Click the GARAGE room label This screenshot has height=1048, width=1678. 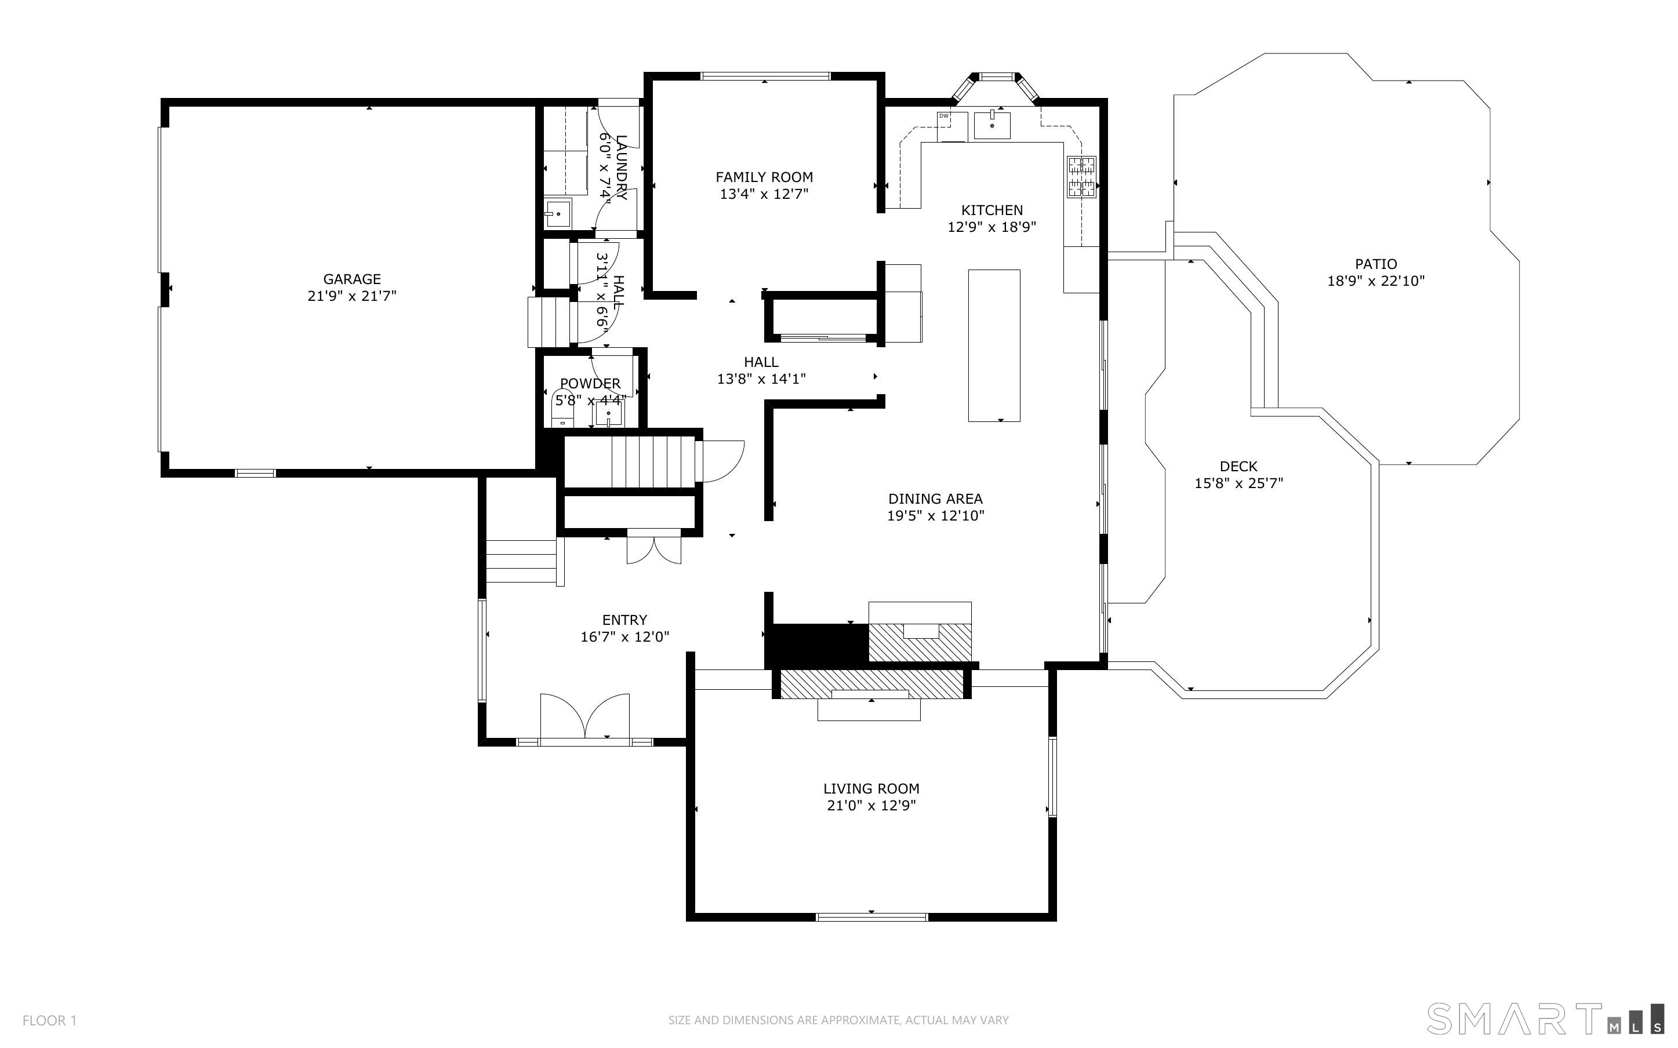point(352,279)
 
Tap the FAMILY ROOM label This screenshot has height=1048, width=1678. point(764,177)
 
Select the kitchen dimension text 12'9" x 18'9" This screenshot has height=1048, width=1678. point(992,227)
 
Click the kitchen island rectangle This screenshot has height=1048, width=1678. point(994,345)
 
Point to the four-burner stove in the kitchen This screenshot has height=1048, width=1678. point(1081,177)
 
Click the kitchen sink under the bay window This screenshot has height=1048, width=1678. point(992,125)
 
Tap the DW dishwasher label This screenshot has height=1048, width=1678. point(943,116)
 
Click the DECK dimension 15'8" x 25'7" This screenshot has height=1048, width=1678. point(1238,483)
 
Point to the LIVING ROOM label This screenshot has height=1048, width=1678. point(871,789)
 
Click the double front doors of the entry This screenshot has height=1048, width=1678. point(585,716)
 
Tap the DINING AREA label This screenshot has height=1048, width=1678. point(936,499)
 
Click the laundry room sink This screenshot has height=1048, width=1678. point(557,213)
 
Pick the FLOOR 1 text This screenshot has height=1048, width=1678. point(49,1020)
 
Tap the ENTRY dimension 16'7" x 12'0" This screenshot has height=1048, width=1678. point(624,637)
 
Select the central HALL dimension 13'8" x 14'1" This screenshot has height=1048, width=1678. point(761,379)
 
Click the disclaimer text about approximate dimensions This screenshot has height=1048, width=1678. point(838,1020)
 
